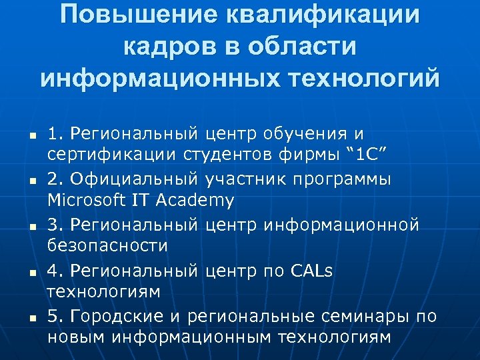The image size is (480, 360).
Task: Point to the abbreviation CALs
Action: coord(312,270)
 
